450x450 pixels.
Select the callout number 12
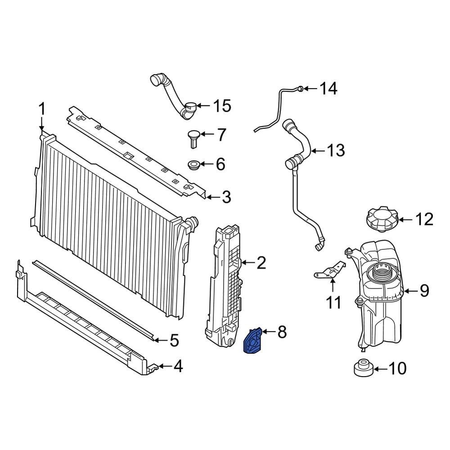(x=424, y=220)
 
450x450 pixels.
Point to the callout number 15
(x=221, y=107)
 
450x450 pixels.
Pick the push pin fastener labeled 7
(x=194, y=137)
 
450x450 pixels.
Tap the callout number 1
(x=41, y=109)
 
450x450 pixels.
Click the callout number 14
(x=328, y=89)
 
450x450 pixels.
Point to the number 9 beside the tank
(x=424, y=291)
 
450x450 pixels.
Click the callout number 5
(x=174, y=341)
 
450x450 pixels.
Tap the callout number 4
(x=178, y=367)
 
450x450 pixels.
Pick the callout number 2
(x=261, y=263)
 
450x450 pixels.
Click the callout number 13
(x=336, y=150)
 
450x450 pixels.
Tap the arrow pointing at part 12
(x=405, y=220)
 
